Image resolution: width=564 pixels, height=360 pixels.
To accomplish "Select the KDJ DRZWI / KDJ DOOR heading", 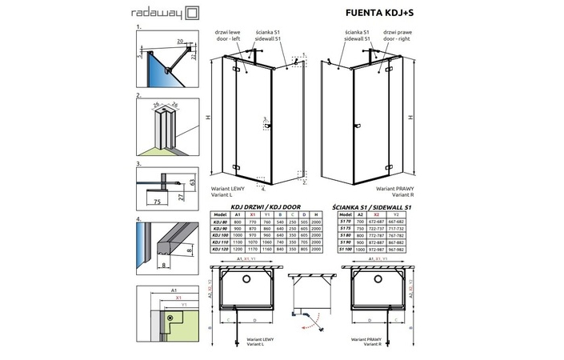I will [x=262, y=206].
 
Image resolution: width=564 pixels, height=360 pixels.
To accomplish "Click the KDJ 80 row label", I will [x=218, y=222].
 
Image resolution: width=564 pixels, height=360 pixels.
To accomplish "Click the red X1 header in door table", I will [x=253, y=214].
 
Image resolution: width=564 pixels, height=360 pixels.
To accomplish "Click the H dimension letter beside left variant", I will [x=207, y=117].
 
